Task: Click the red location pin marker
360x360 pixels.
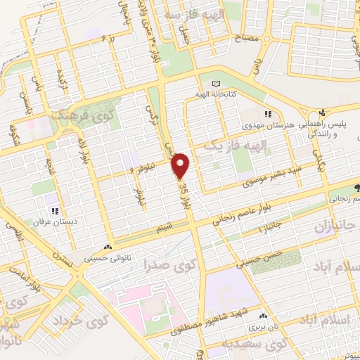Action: [181, 165]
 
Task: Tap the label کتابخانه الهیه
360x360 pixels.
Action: [215, 92]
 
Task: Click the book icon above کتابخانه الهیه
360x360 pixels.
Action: [215, 82]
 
